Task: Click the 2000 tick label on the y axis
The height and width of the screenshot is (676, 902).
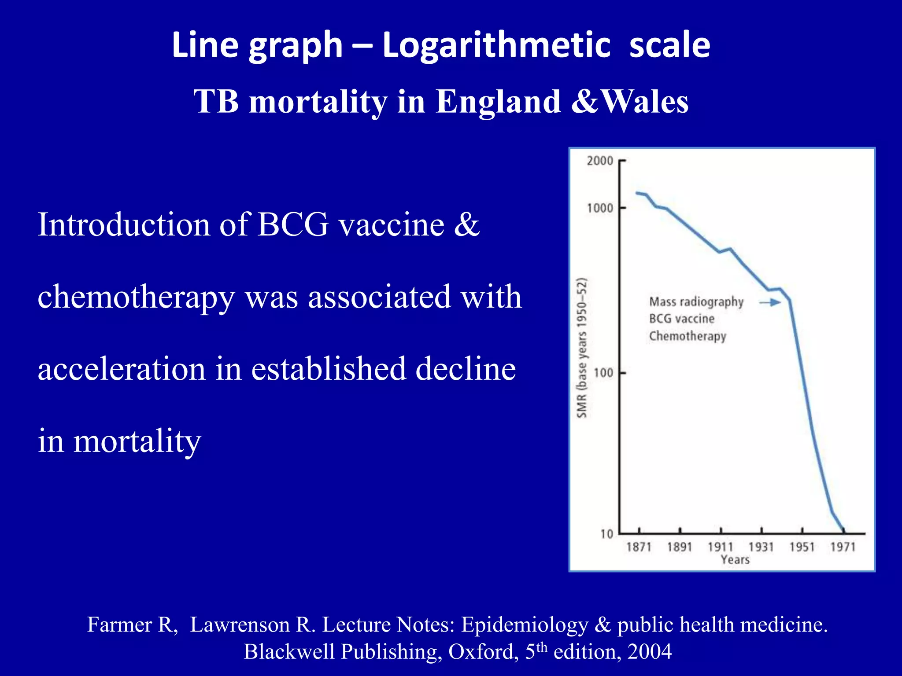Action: point(600,161)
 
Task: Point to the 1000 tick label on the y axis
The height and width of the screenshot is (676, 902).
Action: point(600,208)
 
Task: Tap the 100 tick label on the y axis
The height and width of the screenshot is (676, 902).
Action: point(603,373)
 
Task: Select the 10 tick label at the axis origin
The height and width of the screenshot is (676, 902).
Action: point(606,534)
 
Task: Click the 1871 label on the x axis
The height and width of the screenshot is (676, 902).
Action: point(639,547)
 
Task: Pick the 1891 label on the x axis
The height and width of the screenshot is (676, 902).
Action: point(680,547)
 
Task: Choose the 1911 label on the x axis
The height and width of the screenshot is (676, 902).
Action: point(721,547)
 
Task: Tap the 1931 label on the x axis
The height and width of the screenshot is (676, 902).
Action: point(761,547)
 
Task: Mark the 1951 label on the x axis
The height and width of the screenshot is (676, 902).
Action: point(802,547)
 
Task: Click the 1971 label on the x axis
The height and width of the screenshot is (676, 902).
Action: point(843,547)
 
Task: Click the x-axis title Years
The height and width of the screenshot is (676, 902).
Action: point(735,560)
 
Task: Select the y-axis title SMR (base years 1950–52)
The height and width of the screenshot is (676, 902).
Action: point(582,348)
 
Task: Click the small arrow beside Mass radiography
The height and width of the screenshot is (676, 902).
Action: point(770,302)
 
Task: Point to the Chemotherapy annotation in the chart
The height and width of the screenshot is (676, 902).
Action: point(688,336)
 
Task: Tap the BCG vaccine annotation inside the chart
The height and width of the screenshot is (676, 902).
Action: point(682,319)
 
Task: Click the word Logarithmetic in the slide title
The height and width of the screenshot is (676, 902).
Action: point(496,45)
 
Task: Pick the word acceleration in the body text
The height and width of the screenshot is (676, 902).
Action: point(122,369)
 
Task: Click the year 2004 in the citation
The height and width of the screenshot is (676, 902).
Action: point(650,652)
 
